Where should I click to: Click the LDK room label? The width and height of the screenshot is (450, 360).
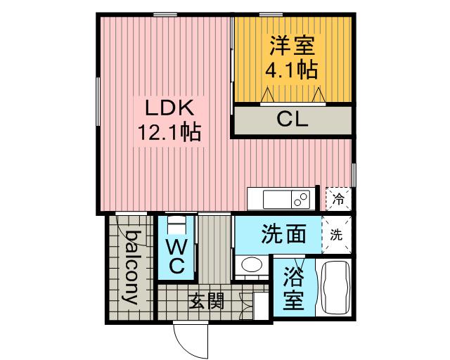click(169, 108)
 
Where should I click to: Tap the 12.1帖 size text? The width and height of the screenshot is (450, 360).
click(169, 132)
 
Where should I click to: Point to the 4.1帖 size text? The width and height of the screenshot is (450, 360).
click(291, 70)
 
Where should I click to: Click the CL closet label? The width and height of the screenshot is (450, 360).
click(292, 119)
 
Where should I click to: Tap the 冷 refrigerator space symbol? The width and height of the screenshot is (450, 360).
click(339, 199)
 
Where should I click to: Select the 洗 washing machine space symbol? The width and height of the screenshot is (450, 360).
click(336, 235)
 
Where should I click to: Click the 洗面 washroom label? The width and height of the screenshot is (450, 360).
click(283, 234)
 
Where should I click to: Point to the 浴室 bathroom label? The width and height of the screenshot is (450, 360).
click(293, 288)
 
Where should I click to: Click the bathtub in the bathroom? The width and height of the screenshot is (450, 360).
click(335, 288)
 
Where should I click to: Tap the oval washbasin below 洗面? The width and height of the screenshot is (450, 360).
click(252, 264)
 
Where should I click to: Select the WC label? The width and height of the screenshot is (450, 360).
click(176, 257)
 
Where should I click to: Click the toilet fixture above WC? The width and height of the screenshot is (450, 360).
click(176, 225)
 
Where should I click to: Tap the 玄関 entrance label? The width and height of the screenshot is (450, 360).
click(206, 301)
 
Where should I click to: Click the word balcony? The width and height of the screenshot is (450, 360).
click(132, 267)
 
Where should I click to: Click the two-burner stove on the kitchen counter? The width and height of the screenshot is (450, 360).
click(301, 199)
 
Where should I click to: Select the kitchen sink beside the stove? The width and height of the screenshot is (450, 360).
click(277, 199)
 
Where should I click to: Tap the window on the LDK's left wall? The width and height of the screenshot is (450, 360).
click(98, 101)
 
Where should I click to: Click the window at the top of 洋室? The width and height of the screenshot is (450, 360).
click(271, 14)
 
